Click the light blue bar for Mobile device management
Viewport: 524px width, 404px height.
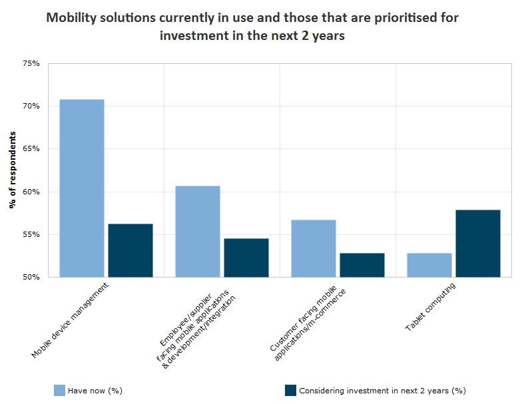[x=82, y=188]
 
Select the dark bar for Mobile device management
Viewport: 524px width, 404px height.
[x=131, y=250]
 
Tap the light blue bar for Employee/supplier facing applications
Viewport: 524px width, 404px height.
[x=198, y=231]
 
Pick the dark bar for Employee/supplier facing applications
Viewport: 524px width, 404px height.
[x=246, y=258]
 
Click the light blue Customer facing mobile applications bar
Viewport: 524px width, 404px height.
[x=314, y=248]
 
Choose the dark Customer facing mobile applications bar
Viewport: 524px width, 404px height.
[x=362, y=265]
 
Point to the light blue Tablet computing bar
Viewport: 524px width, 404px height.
[x=429, y=265]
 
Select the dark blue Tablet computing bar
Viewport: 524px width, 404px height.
[x=478, y=243]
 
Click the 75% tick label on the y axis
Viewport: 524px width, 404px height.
[x=31, y=63]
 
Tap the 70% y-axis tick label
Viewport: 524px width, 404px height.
[x=31, y=106]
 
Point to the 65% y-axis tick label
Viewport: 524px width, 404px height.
[x=31, y=149]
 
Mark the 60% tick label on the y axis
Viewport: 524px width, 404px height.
[x=31, y=192]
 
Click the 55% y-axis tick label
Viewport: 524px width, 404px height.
[x=31, y=234]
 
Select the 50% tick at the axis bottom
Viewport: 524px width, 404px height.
[x=31, y=277]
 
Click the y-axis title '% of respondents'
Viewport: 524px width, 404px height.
[x=13, y=170]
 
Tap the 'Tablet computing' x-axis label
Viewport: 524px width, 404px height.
[x=431, y=307]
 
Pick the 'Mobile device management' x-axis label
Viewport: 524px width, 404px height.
[x=70, y=320]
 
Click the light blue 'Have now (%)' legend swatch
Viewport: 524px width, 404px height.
[x=59, y=390]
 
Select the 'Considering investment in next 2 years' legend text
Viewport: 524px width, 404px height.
[x=382, y=391]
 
